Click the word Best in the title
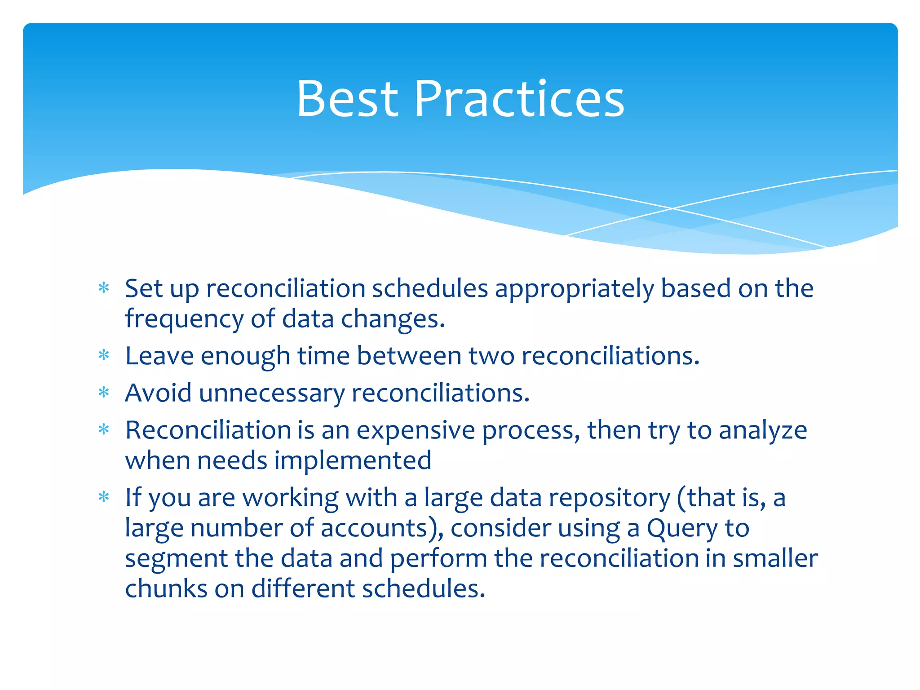point(347,99)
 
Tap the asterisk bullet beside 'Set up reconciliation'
point(104,288)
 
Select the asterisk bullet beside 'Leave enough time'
point(104,356)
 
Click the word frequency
point(184,320)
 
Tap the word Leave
point(159,356)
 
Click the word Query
point(682,529)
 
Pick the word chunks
point(166,588)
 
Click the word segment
point(176,559)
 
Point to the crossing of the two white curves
point(672,208)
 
